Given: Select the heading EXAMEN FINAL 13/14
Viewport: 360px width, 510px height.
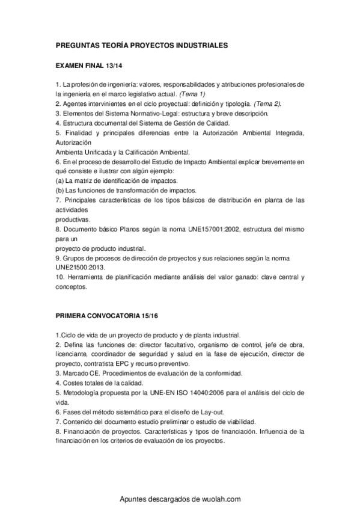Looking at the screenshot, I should click(x=90, y=66).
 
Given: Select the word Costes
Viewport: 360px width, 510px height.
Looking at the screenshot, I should click(x=72, y=382).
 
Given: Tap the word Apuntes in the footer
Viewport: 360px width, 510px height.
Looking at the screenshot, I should click(x=135, y=499).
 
